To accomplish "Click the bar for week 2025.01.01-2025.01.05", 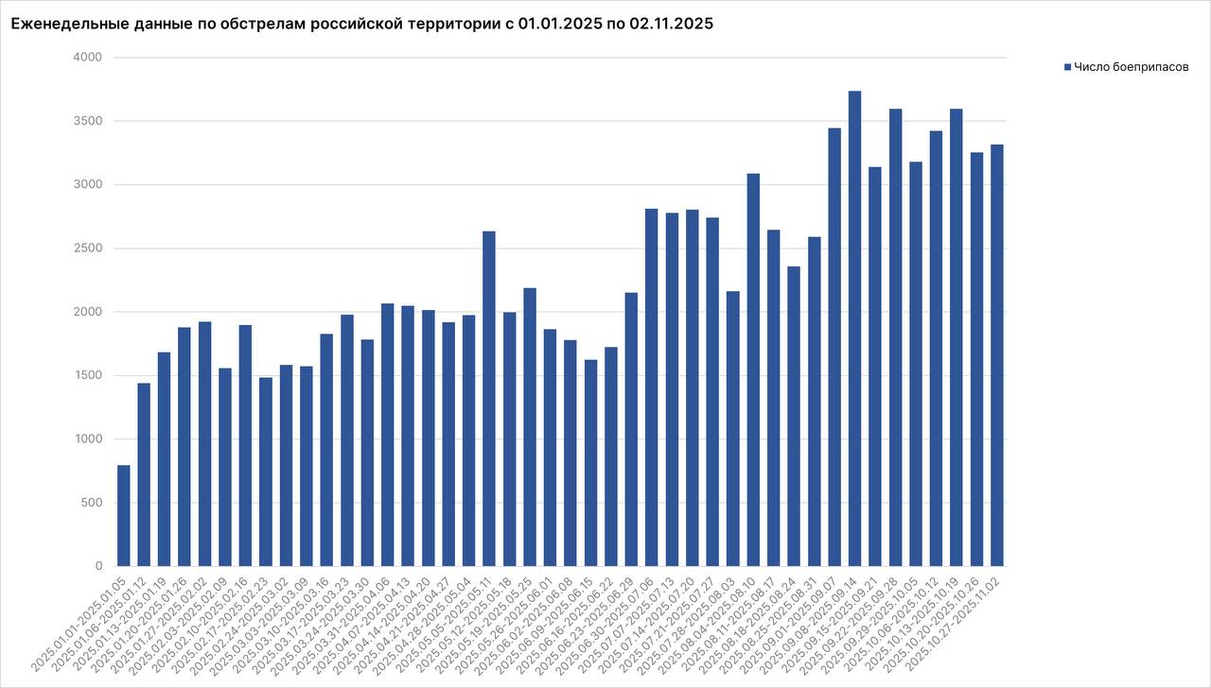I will click(x=124, y=516).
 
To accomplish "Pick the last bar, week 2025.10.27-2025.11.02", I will click(x=997, y=355).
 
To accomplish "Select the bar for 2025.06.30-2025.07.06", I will click(x=652, y=387).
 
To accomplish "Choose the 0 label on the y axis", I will click(x=98, y=566).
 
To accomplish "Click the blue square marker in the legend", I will click(x=1068, y=67).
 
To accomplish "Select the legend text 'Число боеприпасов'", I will click(x=1131, y=67).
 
